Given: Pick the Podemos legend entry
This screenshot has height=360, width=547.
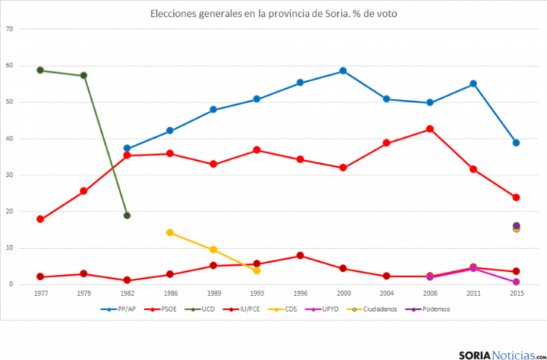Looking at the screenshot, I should pyautogui.click(x=430, y=309).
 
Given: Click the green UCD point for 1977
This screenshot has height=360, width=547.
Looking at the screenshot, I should pyautogui.click(x=40, y=70).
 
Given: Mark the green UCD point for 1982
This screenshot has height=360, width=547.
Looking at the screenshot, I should pyautogui.click(x=127, y=215).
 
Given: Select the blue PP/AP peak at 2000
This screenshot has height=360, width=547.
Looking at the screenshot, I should pyautogui.click(x=343, y=71).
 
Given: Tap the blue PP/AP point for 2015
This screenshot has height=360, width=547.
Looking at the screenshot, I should pyautogui.click(x=516, y=142).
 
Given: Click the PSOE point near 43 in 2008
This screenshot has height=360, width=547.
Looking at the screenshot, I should pyautogui.click(x=430, y=129).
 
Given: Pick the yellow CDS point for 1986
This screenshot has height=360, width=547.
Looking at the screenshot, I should pyautogui.click(x=170, y=232).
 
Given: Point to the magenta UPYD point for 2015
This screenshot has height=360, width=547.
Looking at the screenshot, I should pyautogui.click(x=516, y=282).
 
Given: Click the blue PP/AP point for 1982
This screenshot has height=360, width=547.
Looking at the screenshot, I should pyautogui.click(x=127, y=149).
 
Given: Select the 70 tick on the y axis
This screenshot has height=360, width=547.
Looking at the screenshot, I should pyautogui.click(x=10, y=29).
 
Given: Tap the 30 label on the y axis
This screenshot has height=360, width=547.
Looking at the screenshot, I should pyautogui.click(x=10, y=175).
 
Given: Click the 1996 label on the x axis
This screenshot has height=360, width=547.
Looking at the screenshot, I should pyautogui.click(x=300, y=293).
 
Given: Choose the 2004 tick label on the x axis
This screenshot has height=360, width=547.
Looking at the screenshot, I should pyautogui.click(x=386, y=293).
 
